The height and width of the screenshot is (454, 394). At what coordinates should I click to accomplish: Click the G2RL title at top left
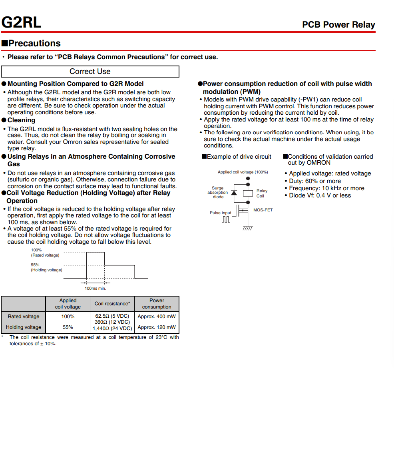21,22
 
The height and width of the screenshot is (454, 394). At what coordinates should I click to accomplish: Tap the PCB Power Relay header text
338,25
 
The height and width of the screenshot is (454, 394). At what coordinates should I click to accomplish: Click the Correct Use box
90,72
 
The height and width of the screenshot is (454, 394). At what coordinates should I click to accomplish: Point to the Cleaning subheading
21,120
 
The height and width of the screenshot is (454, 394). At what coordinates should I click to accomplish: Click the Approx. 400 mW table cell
157,317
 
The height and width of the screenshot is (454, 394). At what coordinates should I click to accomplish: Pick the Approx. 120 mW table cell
157,327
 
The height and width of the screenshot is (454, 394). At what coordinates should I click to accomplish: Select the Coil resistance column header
112,304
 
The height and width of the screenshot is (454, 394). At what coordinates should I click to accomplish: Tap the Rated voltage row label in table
24,317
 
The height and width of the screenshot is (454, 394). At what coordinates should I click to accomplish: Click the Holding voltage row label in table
24,327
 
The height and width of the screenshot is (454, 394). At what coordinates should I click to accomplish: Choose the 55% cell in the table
68,327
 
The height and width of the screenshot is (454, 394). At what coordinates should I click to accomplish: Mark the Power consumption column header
157,304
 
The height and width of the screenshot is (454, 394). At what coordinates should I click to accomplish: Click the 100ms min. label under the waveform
96,288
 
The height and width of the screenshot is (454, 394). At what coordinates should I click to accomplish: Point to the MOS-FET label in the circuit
263,210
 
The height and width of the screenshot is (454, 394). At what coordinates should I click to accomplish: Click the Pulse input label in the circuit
221,213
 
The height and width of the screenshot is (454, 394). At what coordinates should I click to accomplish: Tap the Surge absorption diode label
218,192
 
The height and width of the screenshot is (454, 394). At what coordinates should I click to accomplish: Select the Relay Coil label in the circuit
262,193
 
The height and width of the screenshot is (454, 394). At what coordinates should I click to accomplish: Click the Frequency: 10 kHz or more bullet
326,188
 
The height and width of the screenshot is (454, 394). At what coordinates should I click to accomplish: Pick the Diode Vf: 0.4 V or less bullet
320,195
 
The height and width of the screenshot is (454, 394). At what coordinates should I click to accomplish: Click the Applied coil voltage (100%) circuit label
243,172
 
